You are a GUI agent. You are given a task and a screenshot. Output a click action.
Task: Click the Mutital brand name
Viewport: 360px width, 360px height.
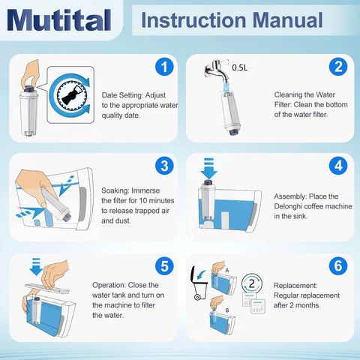click(x=59, y=20)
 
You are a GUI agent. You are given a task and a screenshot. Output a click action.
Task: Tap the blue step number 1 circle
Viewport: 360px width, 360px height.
click(x=164, y=67)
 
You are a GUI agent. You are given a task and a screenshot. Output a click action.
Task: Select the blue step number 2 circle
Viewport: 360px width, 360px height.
click(x=338, y=67)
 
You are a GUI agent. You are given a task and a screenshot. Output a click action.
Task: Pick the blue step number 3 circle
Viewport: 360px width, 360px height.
click(x=164, y=166)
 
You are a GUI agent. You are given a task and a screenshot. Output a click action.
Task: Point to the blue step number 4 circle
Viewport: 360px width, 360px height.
click(x=338, y=166)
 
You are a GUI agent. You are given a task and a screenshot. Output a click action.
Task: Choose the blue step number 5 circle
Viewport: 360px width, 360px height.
click(x=164, y=266)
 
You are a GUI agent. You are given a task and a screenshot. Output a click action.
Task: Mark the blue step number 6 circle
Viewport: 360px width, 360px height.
click(x=338, y=265)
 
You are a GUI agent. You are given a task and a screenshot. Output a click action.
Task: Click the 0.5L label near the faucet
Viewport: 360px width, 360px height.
click(x=240, y=67)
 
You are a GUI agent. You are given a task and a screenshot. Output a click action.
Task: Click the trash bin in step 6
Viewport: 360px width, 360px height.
click(x=199, y=283)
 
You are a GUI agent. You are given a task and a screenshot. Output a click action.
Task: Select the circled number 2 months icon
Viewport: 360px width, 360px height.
click(x=252, y=283)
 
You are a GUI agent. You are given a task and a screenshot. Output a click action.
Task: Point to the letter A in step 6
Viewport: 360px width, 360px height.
click(x=227, y=270)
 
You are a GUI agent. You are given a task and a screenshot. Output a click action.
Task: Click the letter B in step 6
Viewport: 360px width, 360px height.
click(x=227, y=310)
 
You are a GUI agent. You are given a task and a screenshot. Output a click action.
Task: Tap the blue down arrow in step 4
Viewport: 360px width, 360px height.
click(x=209, y=168)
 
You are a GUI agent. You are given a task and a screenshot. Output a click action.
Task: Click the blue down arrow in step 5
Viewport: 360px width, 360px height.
click(x=36, y=267)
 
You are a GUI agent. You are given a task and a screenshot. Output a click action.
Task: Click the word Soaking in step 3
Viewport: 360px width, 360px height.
click(x=115, y=191)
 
